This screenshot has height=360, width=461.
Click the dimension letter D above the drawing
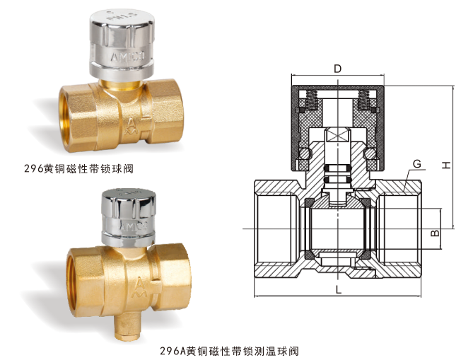tap(337, 69)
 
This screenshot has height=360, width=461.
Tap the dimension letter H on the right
tap(446, 166)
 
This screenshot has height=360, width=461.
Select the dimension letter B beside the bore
tap(435, 233)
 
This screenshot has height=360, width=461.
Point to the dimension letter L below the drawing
tap(339, 290)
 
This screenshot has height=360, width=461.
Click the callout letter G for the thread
tap(417, 163)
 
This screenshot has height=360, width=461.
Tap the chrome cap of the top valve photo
tap(122, 45)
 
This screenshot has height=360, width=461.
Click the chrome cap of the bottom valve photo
tap(129, 216)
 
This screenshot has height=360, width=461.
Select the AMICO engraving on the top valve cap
tap(128, 57)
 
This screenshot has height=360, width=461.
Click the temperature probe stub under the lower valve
tap(127, 327)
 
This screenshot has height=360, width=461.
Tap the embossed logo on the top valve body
tap(131, 127)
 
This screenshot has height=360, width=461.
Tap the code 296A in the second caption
tap(173, 351)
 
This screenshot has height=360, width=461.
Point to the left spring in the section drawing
tap(312, 100)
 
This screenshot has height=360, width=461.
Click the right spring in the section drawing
tap(363, 100)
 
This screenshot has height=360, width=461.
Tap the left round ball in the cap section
tap(305, 153)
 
